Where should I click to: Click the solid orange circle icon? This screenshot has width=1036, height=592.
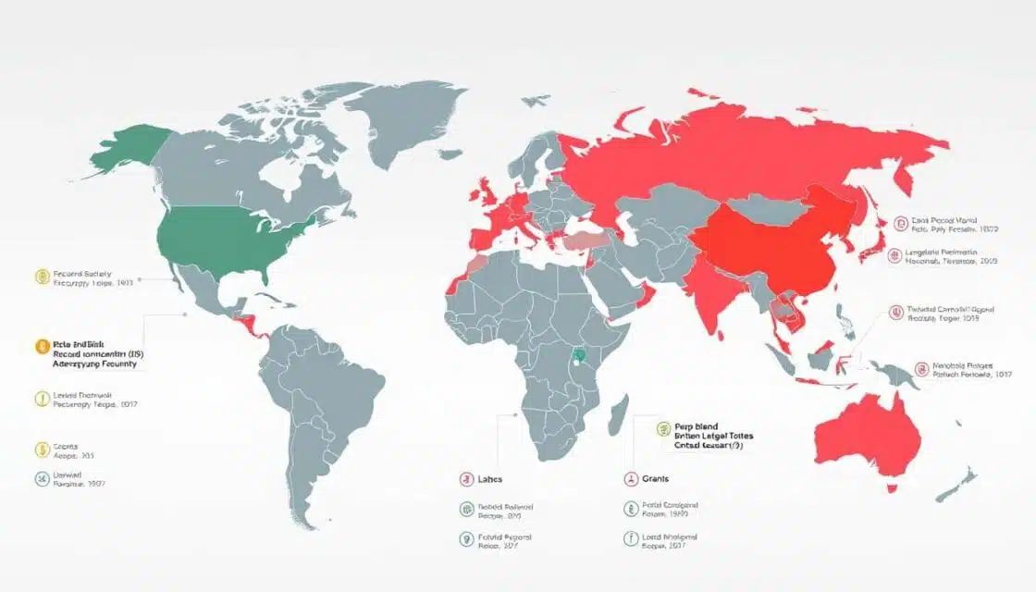40,347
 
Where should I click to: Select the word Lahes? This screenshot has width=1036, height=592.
491,479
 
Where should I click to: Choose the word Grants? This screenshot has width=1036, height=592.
655,479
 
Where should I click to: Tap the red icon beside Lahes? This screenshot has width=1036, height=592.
466,479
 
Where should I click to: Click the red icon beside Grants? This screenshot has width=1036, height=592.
629,479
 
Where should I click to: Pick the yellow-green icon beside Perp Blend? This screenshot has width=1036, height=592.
662,428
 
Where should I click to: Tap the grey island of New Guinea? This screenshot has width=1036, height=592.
894,374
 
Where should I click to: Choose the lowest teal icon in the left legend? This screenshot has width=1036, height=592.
40,479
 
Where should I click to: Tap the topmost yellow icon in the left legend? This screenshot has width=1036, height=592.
40,276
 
